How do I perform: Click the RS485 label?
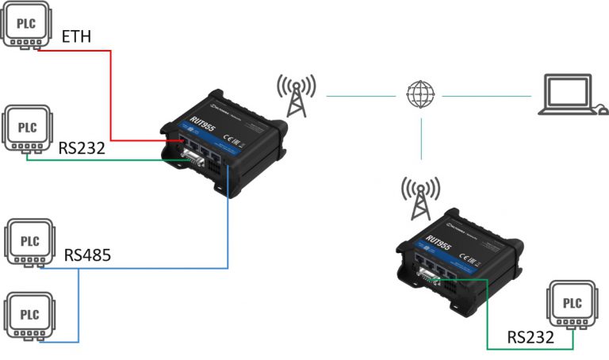(87, 255)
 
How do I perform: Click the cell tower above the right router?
(419, 197)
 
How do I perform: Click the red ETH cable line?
(111, 95)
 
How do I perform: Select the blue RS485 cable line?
(228, 230)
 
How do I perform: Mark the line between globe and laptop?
(485, 96)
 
